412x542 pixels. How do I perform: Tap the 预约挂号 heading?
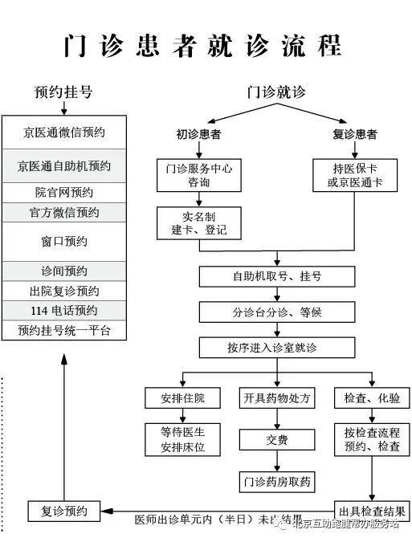[x=63, y=92]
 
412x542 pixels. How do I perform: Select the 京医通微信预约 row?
[x=64, y=132]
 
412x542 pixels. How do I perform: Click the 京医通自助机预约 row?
[x=64, y=166]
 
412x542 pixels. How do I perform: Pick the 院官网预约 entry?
[x=64, y=193]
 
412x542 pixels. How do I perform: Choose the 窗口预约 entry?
[x=64, y=241]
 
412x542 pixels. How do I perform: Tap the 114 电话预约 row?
[x=64, y=311]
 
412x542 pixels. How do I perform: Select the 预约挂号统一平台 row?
[x=64, y=330]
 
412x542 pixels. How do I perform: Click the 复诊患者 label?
[x=355, y=133]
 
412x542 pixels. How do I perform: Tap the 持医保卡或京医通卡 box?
[x=354, y=175]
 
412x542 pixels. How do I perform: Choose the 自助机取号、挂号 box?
[x=277, y=276]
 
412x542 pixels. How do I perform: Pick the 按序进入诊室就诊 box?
[x=277, y=347]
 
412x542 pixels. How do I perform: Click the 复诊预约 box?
[x=63, y=511]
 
